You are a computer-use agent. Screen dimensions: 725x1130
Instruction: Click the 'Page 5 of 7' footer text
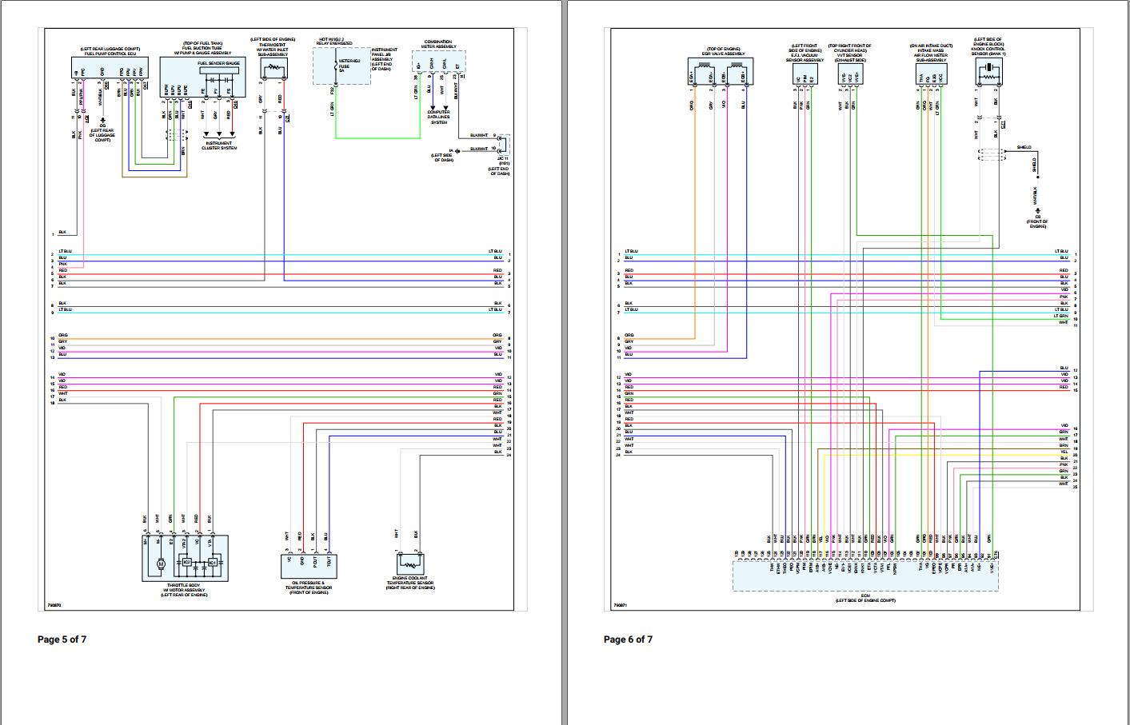point(62,639)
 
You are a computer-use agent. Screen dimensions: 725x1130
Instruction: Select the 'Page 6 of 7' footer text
point(628,639)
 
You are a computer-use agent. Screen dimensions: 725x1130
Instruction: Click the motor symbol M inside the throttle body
point(160,564)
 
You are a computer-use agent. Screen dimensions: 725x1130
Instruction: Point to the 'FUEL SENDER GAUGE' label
point(218,62)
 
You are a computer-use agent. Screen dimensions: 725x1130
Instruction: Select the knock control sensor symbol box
point(989,73)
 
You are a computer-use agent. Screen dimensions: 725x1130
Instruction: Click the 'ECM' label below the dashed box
point(865,595)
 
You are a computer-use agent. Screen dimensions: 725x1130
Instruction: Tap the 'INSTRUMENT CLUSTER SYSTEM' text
point(218,146)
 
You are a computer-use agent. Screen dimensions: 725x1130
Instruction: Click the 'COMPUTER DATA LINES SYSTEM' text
point(439,118)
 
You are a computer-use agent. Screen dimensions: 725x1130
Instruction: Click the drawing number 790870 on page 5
point(51,605)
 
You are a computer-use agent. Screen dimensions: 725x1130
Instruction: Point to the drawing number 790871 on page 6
point(620,605)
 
